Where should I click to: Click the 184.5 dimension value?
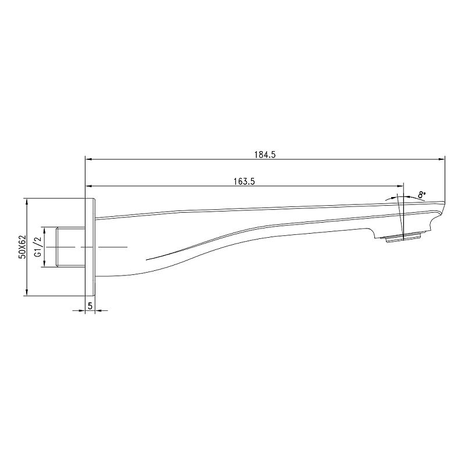click(x=265, y=155)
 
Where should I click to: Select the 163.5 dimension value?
click(x=244, y=181)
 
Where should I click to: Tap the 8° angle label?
click(x=421, y=195)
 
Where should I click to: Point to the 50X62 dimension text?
click(x=22, y=247)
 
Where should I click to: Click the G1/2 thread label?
click(x=37, y=247)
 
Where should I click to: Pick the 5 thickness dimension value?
click(x=90, y=305)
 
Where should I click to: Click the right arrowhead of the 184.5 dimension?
click(x=442, y=159)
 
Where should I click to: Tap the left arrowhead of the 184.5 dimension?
click(x=89, y=159)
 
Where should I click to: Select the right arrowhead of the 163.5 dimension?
click(x=400, y=186)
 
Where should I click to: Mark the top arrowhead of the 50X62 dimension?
click(x=27, y=202)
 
